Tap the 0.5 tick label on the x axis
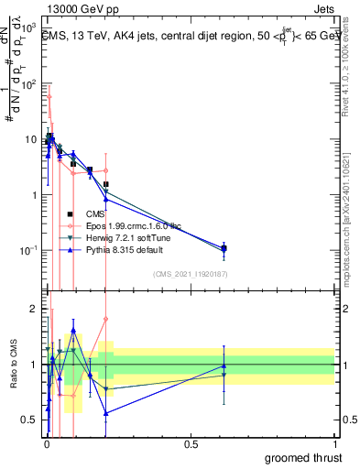tap(191, 444)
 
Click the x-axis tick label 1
tap(334, 444)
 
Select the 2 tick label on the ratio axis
tap(34, 309)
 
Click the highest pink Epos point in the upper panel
tap(49, 96)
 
